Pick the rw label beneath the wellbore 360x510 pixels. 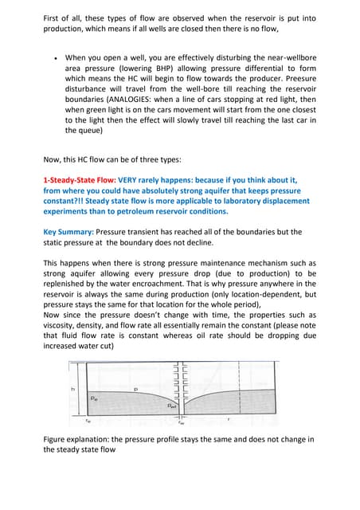pyautogui.click(x=182, y=423)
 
